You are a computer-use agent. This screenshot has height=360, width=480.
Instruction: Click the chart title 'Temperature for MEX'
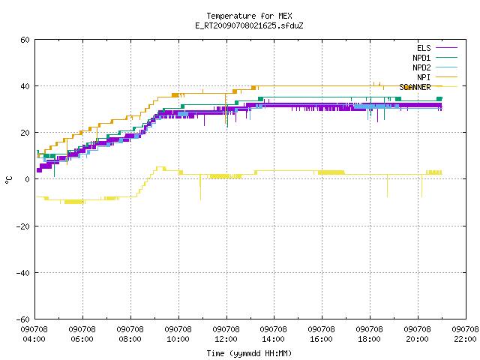[249, 16]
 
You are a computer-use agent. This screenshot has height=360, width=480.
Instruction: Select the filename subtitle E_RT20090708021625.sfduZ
[249, 25]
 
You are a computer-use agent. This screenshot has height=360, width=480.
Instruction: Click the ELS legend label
[424, 48]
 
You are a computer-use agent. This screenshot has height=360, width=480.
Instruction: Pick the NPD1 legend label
[421, 58]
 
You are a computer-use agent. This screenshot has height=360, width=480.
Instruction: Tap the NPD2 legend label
[421, 67]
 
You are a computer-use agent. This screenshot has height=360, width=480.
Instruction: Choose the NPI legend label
[424, 77]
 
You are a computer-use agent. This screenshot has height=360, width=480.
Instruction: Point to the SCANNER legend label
[415, 87]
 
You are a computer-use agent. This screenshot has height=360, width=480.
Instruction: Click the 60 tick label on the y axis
[25, 40]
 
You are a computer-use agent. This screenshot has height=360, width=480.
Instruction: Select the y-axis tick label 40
[25, 86]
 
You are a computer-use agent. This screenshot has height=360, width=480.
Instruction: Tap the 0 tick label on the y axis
[28, 179]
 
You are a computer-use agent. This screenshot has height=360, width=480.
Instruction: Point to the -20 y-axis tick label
[23, 226]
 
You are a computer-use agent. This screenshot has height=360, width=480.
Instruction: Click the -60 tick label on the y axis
[23, 319]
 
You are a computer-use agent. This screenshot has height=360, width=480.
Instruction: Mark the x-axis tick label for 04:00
[34, 334]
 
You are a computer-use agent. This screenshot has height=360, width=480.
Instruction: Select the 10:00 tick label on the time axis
[178, 334]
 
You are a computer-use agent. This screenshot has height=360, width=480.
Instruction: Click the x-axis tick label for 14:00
[273, 334]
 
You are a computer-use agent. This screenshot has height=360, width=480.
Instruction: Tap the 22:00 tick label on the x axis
[465, 334]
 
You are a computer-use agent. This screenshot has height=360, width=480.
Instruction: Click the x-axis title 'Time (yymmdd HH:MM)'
[249, 353]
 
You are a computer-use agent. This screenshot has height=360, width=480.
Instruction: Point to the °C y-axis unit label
[8, 180]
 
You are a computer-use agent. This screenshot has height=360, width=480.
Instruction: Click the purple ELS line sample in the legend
[446, 48]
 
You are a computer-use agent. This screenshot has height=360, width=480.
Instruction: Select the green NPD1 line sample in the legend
[446, 58]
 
